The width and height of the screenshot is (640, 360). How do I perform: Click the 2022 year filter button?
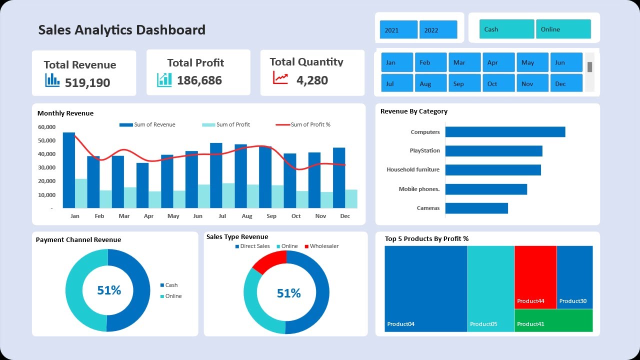[x=438, y=29]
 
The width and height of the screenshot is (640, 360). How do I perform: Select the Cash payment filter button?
[x=506, y=29]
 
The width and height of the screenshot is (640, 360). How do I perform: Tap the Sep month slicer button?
[x=464, y=83]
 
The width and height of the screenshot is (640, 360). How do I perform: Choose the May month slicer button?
[x=532, y=62]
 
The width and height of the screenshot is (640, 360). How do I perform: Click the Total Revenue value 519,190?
[x=87, y=82]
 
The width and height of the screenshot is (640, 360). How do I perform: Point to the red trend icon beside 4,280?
[x=280, y=78]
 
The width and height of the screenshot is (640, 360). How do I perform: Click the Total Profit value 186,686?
[x=199, y=80]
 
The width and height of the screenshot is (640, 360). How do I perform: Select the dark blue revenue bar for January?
[x=69, y=170]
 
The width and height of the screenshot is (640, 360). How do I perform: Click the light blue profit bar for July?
[x=228, y=195]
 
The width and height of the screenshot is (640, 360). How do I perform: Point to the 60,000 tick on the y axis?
[x=46, y=127]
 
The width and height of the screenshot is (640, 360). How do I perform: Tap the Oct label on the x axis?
[x=296, y=216]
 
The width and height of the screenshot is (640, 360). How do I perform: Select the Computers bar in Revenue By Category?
[x=505, y=132]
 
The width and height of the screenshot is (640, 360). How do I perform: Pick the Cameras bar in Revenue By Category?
[x=476, y=208]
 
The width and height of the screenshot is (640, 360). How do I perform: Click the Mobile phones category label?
[x=419, y=189]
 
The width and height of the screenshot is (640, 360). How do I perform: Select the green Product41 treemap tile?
[x=553, y=320]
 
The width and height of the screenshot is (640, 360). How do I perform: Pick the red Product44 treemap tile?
[x=535, y=277]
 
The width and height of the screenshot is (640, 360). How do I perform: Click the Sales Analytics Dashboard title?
[x=121, y=29]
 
